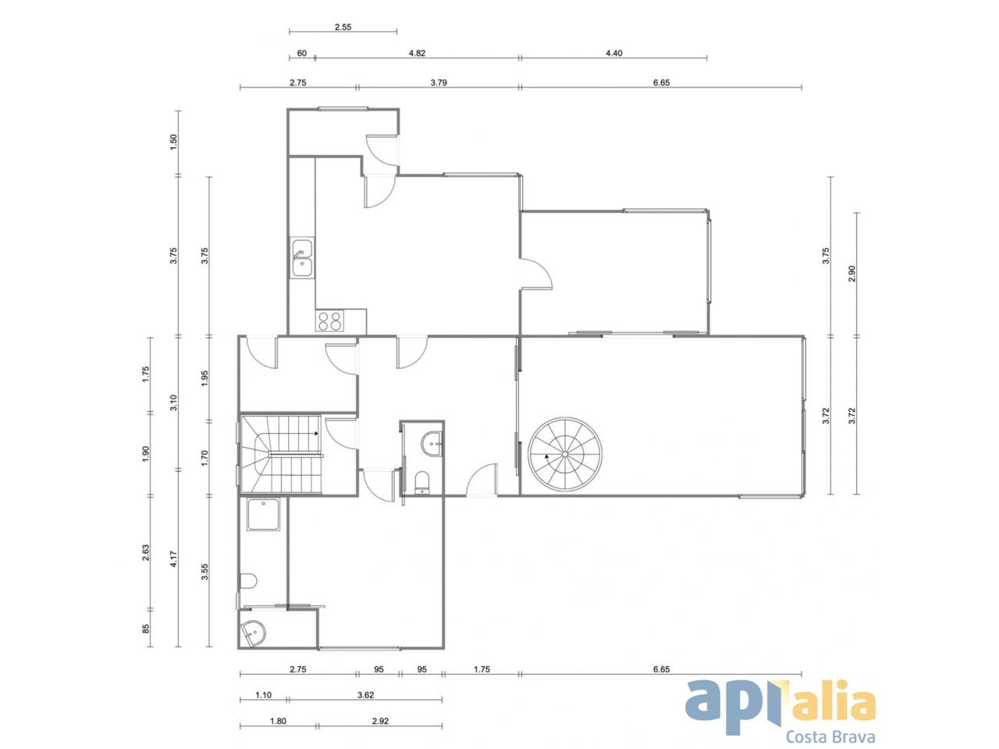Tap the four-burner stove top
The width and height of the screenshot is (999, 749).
click(330, 321)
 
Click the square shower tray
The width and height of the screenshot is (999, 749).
click(264, 514)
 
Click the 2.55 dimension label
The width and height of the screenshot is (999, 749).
click(343, 27)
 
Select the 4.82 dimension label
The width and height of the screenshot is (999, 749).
click(417, 53)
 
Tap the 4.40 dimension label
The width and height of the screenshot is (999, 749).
click(614, 53)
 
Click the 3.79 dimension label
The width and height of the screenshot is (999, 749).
click(439, 83)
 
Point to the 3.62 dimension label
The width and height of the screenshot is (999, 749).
click(365, 695)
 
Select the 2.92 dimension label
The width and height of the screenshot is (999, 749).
click(380, 721)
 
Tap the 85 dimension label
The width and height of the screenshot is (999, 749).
click(146, 629)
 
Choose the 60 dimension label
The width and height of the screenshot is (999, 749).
click(302, 53)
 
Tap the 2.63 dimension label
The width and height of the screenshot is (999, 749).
click(146, 552)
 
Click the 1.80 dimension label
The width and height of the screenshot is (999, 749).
click(278, 721)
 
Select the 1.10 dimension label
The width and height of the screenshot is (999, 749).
click(264, 695)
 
